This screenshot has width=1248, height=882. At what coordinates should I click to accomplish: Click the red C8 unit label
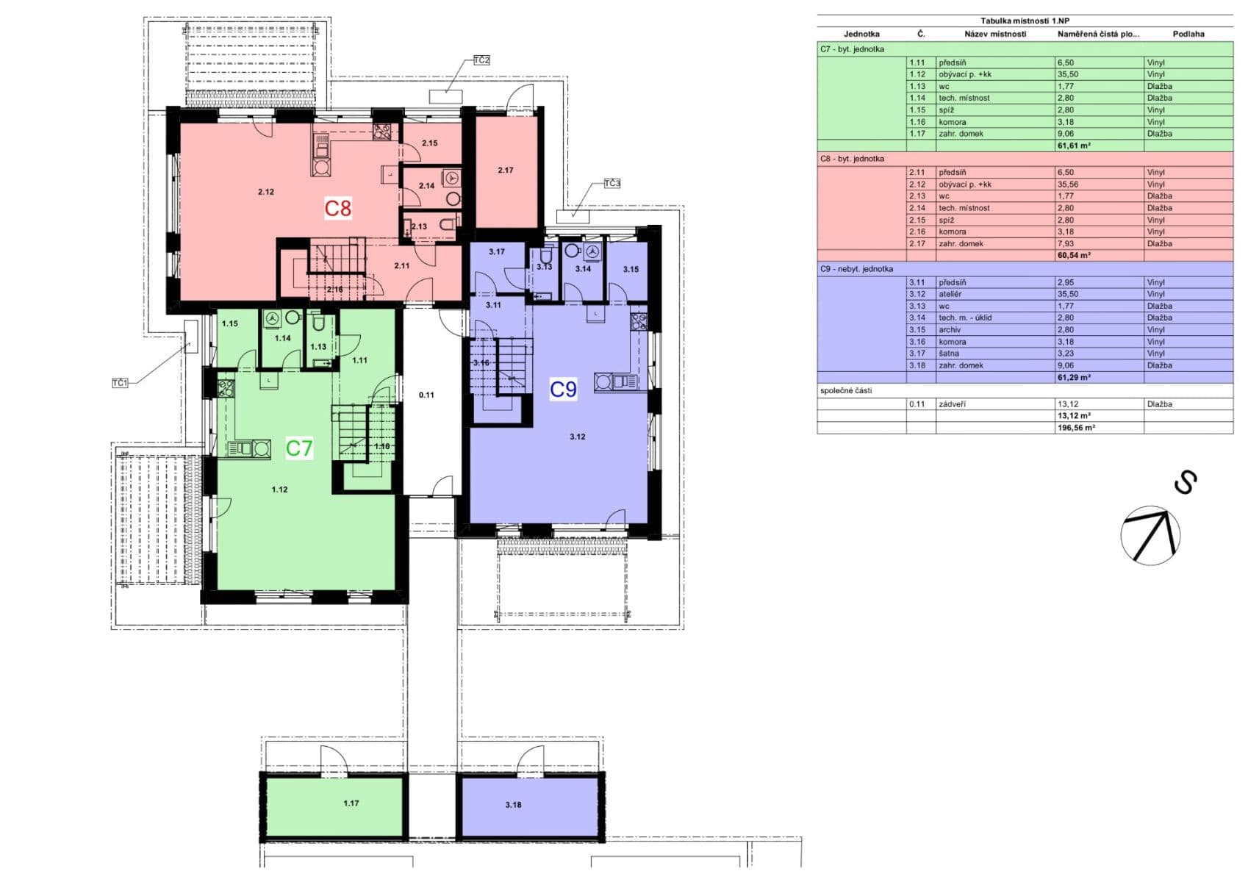pyautogui.click(x=338, y=208)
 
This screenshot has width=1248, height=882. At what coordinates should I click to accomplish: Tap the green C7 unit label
pyautogui.click(x=299, y=448)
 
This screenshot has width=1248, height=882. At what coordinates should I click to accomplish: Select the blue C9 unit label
pyautogui.click(x=564, y=389)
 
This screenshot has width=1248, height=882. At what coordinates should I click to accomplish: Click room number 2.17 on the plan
pyautogui.click(x=506, y=171)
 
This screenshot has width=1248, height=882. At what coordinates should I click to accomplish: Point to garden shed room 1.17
pyautogui.click(x=351, y=803)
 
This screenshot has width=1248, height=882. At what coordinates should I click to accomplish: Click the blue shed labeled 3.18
pyautogui.click(x=513, y=805)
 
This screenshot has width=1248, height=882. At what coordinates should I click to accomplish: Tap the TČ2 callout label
pyautogui.click(x=481, y=60)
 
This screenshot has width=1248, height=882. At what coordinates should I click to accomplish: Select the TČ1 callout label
pyautogui.click(x=120, y=383)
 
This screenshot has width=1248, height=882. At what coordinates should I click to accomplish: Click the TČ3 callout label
pyautogui.click(x=612, y=183)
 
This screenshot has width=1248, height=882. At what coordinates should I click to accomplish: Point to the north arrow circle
pyautogui.click(x=1150, y=535)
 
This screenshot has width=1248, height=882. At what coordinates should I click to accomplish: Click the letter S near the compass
pyautogui.click(x=1185, y=482)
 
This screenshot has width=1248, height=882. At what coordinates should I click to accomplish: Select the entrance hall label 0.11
pyautogui.click(x=426, y=395)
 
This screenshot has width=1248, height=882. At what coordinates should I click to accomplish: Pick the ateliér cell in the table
pyautogui.click(x=950, y=294)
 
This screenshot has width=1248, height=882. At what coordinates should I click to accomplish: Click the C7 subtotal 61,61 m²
pyautogui.click(x=1074, y=146)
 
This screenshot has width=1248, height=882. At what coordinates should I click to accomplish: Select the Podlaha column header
pyautogui.click(x=1188, y=34)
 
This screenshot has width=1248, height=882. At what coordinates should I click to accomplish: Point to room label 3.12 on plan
pyautogui.click(x=577, y=437)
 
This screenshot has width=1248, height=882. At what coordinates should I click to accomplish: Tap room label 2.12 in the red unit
pyautogui.click(x=266, y=192)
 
